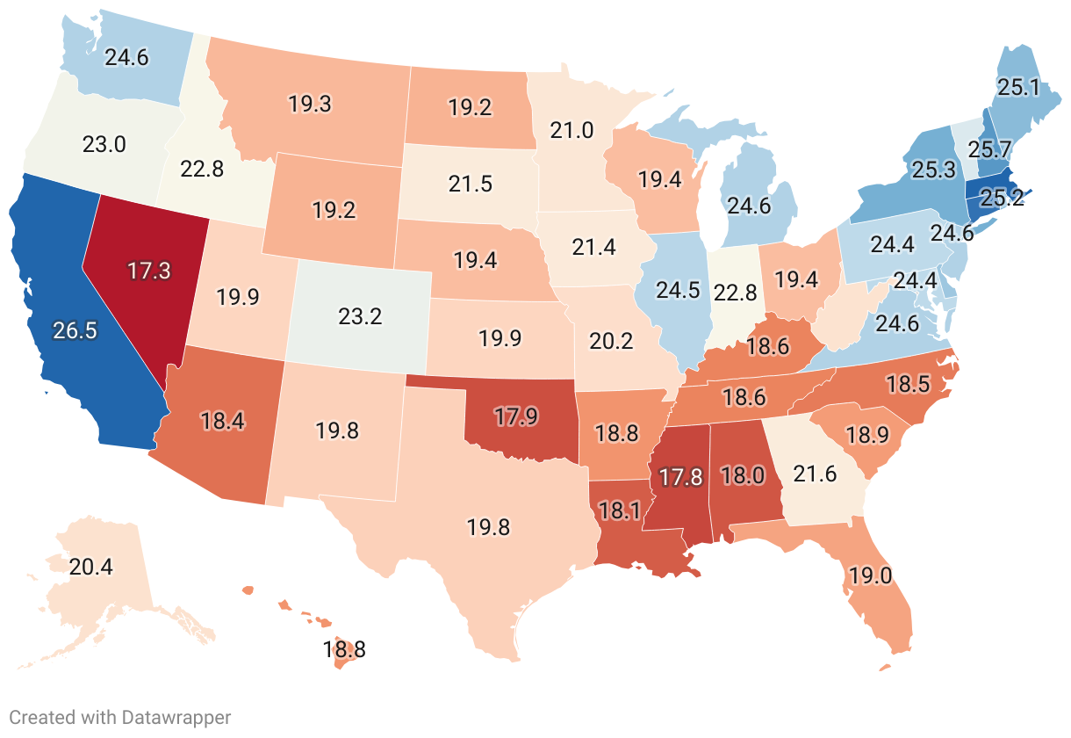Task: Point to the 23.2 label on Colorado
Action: tap(360, 315)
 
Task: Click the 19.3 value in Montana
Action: tap(309, 104)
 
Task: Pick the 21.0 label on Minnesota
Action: tap(572, 131)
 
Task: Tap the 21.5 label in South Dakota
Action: tap(470, 185)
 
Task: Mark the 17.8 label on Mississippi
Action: tap(681, 477)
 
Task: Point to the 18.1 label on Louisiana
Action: tap(622, 510)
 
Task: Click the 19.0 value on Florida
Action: tap(870, 576)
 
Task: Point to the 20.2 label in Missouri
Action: tap(611, 340)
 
